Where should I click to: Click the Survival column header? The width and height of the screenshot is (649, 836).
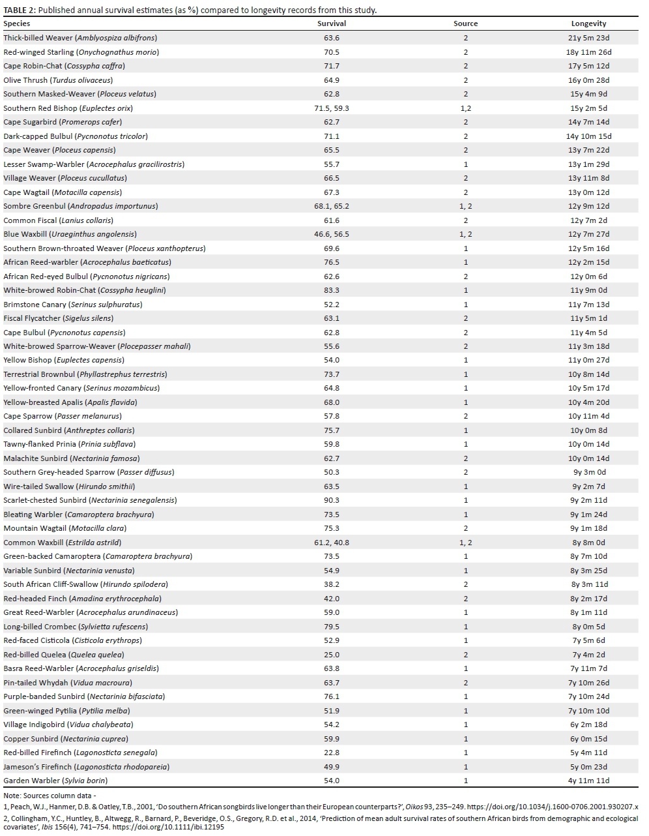click(x=331, y=23)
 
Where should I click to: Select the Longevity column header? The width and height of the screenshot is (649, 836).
click(x=588, y=23)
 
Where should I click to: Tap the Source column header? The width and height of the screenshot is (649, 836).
click(x=465, y=23)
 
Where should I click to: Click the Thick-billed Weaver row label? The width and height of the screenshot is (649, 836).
click(x=80, y=38)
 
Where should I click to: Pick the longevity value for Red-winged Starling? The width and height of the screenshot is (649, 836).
click(x=588, y=52)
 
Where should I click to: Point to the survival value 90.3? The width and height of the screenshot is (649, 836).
click(x=331, y=500)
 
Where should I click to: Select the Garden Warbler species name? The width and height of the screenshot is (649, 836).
click(x=55, y=781)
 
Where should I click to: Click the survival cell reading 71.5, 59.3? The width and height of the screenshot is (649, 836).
click(x=331, y=108)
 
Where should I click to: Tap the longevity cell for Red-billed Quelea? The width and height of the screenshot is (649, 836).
click(x=588, y=655)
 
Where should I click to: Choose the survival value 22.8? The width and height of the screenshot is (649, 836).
click(x=331, y=753)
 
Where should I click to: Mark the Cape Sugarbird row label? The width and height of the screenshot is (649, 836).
click(x=63, y=122)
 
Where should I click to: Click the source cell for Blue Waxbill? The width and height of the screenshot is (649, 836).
click(x=465, y=234)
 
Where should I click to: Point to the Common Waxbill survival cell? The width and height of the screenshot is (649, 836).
click(x=331, y=543)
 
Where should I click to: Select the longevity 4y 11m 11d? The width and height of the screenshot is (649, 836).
click(x=588, y=781)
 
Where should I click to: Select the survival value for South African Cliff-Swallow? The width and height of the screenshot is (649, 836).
click(x=331, y=584)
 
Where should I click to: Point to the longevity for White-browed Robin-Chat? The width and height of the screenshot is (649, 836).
click(x=588, y=290)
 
